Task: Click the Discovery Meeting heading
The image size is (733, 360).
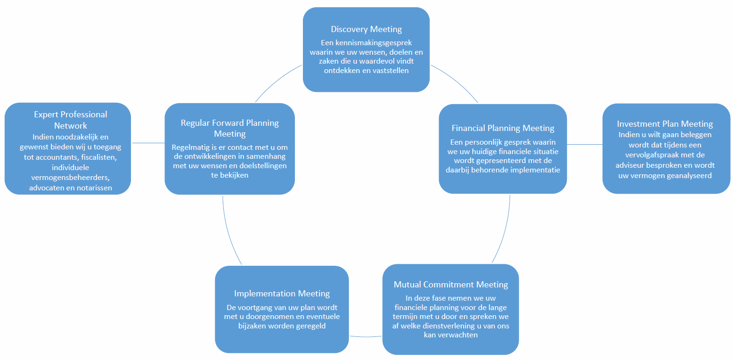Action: [366, 30]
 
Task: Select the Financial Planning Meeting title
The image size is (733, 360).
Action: [503, 128]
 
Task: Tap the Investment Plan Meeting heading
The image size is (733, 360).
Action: [665, 124]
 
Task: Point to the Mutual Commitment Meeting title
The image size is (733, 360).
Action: [451, 285]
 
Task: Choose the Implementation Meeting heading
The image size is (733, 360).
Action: [282, 294]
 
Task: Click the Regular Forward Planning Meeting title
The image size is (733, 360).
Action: [230, 128]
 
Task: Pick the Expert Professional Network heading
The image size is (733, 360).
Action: [70, 120]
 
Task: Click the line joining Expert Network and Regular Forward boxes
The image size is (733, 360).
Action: [148, 143]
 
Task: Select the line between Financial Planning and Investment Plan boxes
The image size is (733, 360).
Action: [585, 144]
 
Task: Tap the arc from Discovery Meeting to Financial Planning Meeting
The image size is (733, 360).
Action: [457, 81]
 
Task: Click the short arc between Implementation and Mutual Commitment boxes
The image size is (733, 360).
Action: [366, 336]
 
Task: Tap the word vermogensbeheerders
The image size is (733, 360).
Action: [70, 178]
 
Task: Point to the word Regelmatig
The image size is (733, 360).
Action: [190, 147]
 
